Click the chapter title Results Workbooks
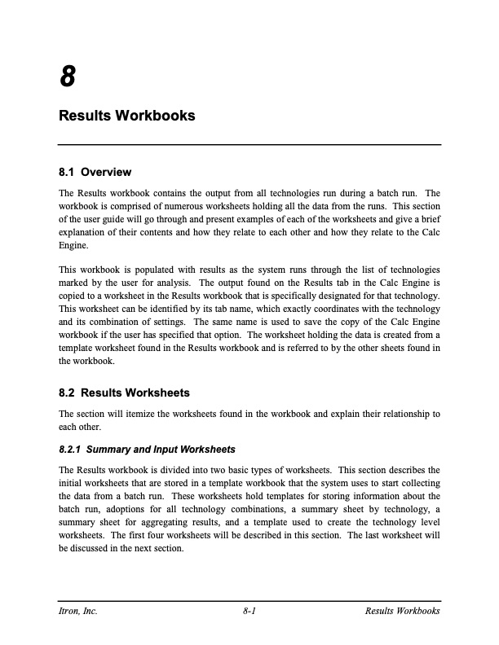pos(127,116)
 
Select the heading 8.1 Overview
pos(95,173)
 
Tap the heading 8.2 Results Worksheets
pos(125,393)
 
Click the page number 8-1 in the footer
pos(250,611)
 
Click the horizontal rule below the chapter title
pos(249,145)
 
